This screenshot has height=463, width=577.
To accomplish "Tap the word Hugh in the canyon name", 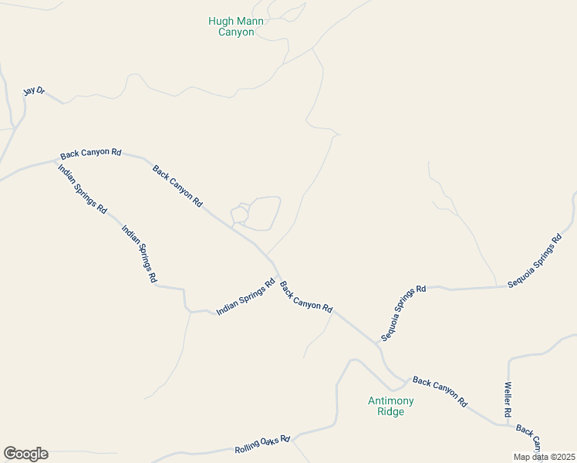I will [x=221, y=22].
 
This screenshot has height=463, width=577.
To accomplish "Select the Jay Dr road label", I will [x=34, y=91].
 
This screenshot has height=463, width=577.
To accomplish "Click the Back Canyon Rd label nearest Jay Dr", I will [x=91, y=154].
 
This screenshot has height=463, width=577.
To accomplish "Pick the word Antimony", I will [x=390, y=400].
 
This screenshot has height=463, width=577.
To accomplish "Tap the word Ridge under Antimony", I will [x=390, y=411].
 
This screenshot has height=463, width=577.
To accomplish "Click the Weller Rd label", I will [x=508, y=400].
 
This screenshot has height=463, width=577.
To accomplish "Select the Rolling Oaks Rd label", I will [x=262, y=444].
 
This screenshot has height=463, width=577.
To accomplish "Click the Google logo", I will [x=25, y=454].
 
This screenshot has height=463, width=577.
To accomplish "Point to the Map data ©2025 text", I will [x=544, y=457].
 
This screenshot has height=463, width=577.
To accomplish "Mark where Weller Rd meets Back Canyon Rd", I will [x=508, y=423].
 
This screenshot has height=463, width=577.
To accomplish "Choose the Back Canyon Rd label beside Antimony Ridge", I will [x=440, y=391].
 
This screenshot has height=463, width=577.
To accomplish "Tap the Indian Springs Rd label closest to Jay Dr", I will [x=83, y=189].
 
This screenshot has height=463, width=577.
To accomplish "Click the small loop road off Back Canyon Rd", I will [x=257, y=214].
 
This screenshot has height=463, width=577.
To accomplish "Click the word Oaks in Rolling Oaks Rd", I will [x=265, y=444].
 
